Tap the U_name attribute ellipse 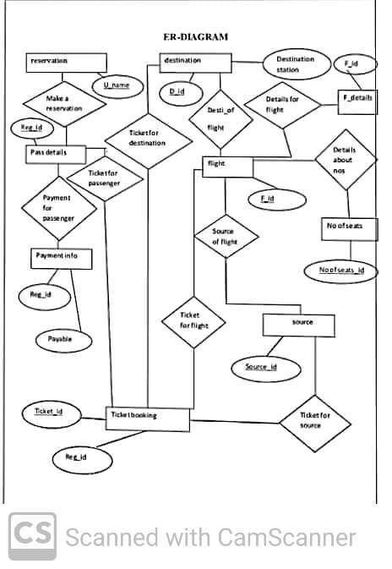[115, 85]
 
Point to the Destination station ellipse [294, 64]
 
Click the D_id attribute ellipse [177, 90]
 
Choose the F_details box [356, 99]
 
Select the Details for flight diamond [281, 105]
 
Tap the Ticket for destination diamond [147, 138]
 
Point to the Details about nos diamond [345, 160]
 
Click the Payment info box [62, 257]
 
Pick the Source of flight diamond [225, 237]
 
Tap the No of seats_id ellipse [340, 270]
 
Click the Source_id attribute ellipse [260, 367]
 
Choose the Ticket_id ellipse [50, 412]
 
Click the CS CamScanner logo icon [33, 537]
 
